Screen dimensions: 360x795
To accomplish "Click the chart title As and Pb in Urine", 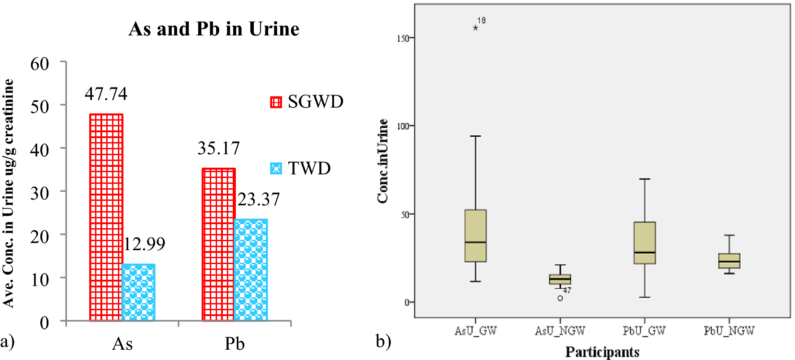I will [x=214, y=29].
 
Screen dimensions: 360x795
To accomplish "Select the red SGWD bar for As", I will [x=106, y=217].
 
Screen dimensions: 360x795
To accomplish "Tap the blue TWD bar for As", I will [x=139, y=292].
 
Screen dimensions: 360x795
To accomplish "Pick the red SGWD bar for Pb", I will [x=218, y=244].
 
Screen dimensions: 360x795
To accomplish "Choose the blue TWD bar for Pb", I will [x=251, y=270].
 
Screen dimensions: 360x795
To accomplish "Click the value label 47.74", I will [x=106, y=94].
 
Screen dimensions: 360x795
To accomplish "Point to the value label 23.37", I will [x=259, y=200].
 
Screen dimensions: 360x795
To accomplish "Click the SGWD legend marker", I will [x=276, y=102].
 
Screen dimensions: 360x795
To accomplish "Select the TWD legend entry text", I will [x=309, y=169].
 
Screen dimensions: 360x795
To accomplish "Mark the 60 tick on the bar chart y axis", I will [x=39, y=64].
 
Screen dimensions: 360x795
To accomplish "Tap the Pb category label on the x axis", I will [x=235, y=344].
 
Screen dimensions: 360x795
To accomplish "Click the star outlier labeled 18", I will [x=475, y=28].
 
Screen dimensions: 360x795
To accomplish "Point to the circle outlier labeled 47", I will [x=560, y=298].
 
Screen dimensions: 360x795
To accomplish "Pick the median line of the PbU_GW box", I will [x=644, y=252].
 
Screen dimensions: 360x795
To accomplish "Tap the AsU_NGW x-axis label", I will [x=560, y=331].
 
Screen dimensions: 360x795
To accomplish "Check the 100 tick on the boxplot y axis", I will [x=403, y=126].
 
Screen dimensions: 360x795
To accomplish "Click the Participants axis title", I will [x=602, y=352].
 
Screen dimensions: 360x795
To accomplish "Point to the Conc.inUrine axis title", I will [x=382, y=161].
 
